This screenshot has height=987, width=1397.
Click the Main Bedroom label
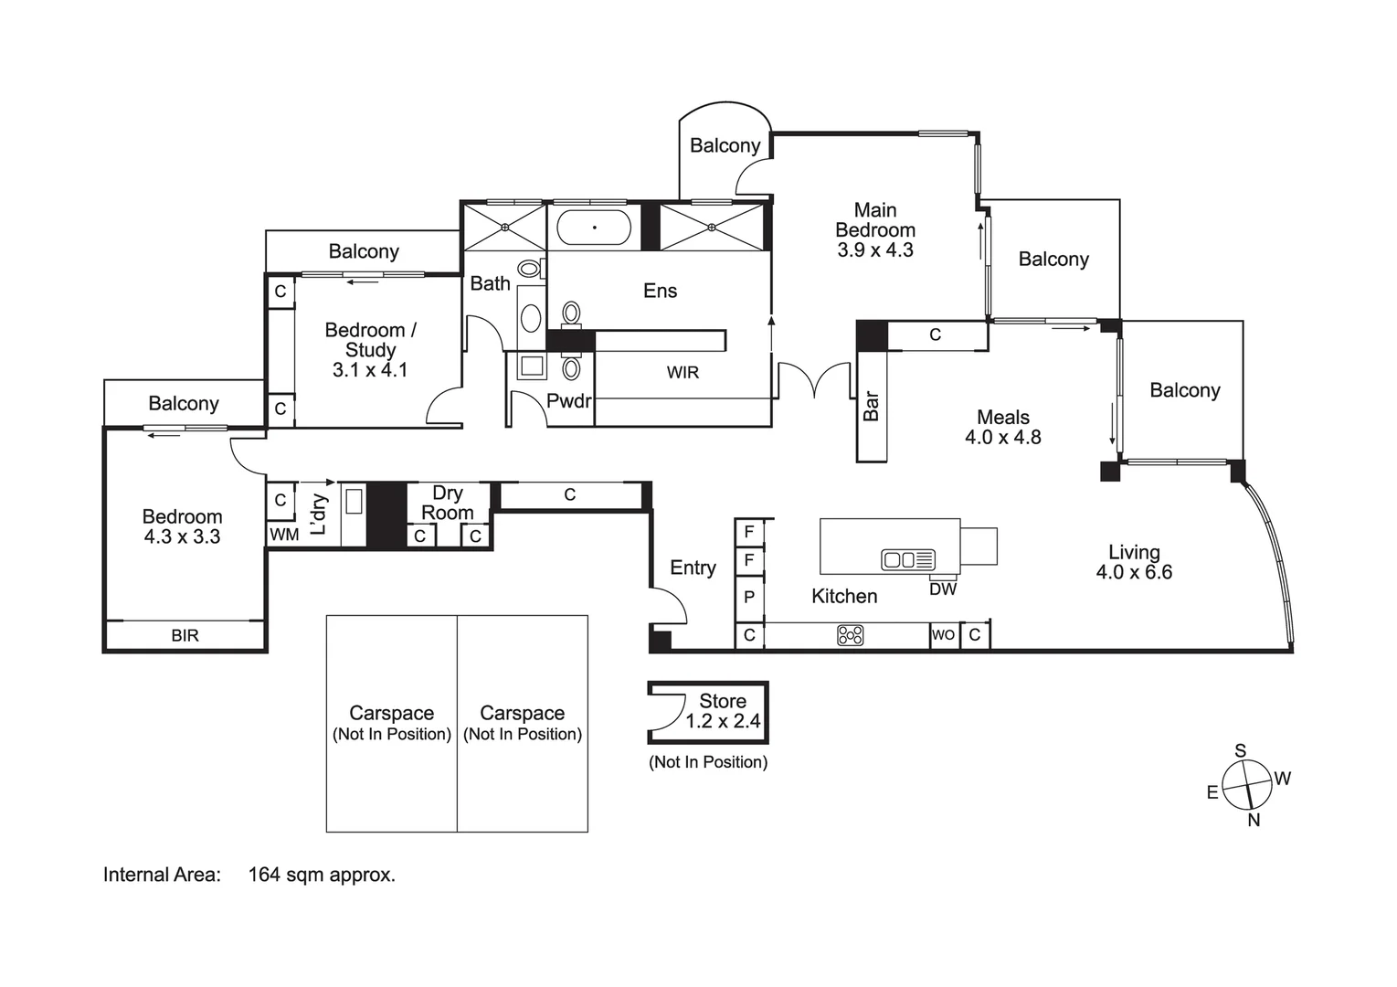point(874,220)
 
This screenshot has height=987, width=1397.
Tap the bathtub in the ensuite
point(594,227)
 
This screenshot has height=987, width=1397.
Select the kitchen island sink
point(907,559)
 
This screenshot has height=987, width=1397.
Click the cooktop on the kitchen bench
point(850,634)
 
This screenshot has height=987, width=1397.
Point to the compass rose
point(1247,785)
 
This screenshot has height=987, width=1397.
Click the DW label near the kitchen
point(943,589)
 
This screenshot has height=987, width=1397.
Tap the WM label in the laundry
point(284,535)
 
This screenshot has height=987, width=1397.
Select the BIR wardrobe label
point(185,635)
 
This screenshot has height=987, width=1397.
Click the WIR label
point(683,372)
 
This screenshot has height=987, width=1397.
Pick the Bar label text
point(872,406)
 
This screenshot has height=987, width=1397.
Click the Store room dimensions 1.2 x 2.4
point(723,721)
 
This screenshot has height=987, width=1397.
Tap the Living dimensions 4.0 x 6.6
point(1134,572)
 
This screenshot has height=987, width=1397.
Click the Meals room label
point(1002,417)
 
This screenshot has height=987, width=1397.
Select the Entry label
point(693,568)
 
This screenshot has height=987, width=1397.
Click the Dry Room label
point(447,503)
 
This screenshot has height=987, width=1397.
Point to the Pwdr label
point(568,400)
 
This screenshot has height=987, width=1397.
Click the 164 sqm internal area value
point(321,875)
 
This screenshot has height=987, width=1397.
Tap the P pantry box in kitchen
point(749,598)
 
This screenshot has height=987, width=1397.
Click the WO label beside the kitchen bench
point(943,635)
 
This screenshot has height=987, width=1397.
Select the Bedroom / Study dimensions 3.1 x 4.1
point(370,370)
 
